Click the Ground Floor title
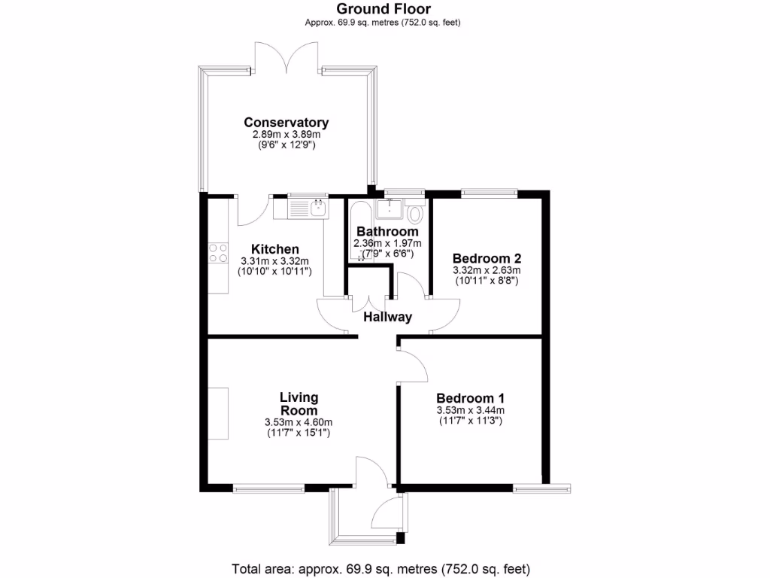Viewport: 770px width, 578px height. point(383,9)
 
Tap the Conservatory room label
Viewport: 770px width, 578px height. point(286,123)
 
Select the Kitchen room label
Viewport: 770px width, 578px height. point(275,249)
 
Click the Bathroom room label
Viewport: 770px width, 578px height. point(387,231)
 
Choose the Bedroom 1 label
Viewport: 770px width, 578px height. point(470,398)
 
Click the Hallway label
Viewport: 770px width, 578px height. point(387,317)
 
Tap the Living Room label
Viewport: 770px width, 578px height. point(299,403)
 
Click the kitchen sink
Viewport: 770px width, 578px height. point(308,205)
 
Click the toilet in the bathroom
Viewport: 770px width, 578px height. point(416,210)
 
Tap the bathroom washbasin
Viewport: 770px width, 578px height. point(391,207)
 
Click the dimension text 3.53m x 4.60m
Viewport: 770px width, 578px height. point(299,422)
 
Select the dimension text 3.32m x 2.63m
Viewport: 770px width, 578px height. point(487,270)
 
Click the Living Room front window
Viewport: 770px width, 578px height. point(268,488)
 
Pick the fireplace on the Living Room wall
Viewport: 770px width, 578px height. point(218,413)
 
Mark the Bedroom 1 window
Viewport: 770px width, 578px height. point(541,488)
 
